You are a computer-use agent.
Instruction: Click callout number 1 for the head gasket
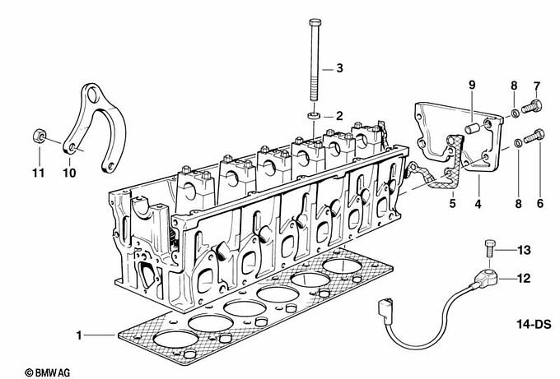pyautogui.click(x=79, y=335)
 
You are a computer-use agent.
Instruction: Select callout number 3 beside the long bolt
pyautogui.click(x=339, y=67)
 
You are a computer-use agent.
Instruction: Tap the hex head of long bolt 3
pyautogui.click(x=315, y=22)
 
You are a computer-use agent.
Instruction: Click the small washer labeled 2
pyautogui.click(x=313, y=116)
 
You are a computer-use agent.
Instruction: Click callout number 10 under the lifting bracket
pyautogui.click(x=70, y=173)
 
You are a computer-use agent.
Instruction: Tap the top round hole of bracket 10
pyautogui.click(x=92, y=95)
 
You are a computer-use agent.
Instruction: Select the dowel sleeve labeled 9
pyautogui.click(x=471, y=127)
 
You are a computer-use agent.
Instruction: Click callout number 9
pyautogui.click(x=472, y=86)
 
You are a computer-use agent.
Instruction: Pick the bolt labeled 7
pyautogui.click(x=532, y=106)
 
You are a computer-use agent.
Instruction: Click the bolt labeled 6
pyautogui.click(x=534, y=136)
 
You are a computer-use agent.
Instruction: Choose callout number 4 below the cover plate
pyautogui.click(x=478, y=204)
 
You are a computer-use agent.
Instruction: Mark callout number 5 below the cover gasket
pyautogui.click(x=452, y=204)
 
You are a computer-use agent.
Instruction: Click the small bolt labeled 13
pyautogui.click(x=489, y=249)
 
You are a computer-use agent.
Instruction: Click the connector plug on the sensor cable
pyautogui.click(x=385, y=309)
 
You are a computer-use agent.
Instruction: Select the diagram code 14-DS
pyautogui.click(x=534, y=325)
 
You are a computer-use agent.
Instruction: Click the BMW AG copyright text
pyautogui.click(x=48, y=372)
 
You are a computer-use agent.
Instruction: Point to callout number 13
pyautogui.click(x=524, y=250)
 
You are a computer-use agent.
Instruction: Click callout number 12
pyautogui.click(x=524, y=278)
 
